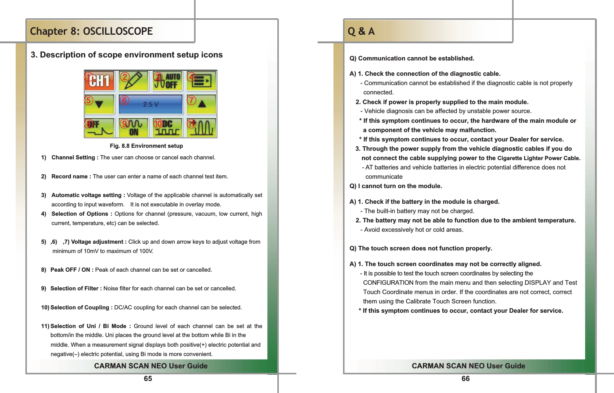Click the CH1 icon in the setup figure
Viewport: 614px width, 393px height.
[99, 81]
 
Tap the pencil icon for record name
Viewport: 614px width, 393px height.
[133, 81]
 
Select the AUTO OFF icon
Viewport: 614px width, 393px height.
[168, 81]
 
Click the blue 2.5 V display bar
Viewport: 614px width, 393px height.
[150, 105]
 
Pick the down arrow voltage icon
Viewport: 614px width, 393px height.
[99, 105]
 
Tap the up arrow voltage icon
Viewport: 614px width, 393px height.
[202, 105]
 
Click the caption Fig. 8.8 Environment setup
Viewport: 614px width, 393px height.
[146, 146]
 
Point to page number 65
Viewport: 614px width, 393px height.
[148, 379]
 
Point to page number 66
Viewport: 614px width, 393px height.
[465, 379]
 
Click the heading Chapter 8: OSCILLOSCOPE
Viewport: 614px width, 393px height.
[91, 31]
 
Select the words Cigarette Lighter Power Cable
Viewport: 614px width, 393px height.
[539, 158]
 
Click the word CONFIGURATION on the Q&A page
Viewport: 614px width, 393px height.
[388, 283]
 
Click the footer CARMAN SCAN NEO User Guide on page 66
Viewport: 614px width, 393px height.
[468, 366]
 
